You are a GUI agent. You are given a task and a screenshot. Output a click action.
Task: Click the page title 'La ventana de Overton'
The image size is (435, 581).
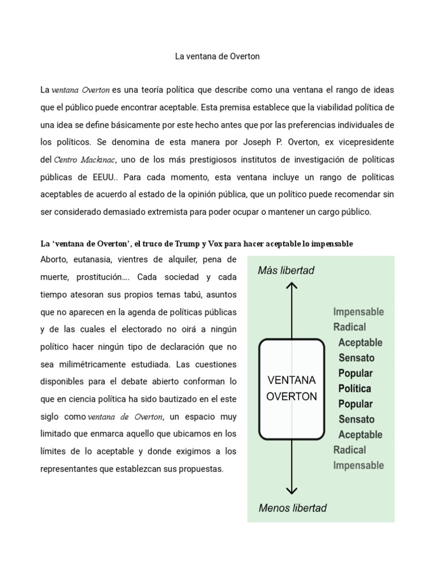217,57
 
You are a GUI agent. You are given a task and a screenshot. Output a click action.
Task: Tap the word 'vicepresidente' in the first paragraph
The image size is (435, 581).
362,141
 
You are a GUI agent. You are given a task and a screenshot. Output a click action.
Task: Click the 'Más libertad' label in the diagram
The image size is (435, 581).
286,271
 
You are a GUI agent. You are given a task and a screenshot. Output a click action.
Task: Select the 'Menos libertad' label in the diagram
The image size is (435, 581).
292,508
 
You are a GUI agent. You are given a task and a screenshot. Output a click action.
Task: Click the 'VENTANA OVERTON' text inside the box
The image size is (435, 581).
292,388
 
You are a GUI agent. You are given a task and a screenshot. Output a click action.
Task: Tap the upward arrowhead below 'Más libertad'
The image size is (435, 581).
292,287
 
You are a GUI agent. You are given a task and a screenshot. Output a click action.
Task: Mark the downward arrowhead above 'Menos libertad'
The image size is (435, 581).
292,489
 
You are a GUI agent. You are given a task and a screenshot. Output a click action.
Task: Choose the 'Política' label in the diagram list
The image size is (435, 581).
355,389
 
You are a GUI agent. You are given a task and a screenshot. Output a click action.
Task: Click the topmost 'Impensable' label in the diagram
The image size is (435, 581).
359,311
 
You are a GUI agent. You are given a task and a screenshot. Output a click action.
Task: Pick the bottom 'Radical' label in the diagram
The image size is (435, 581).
349,450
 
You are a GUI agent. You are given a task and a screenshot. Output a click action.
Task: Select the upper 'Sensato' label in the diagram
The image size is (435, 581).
356,358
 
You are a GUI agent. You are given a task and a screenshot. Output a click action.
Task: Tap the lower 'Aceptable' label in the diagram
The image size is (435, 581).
360,435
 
